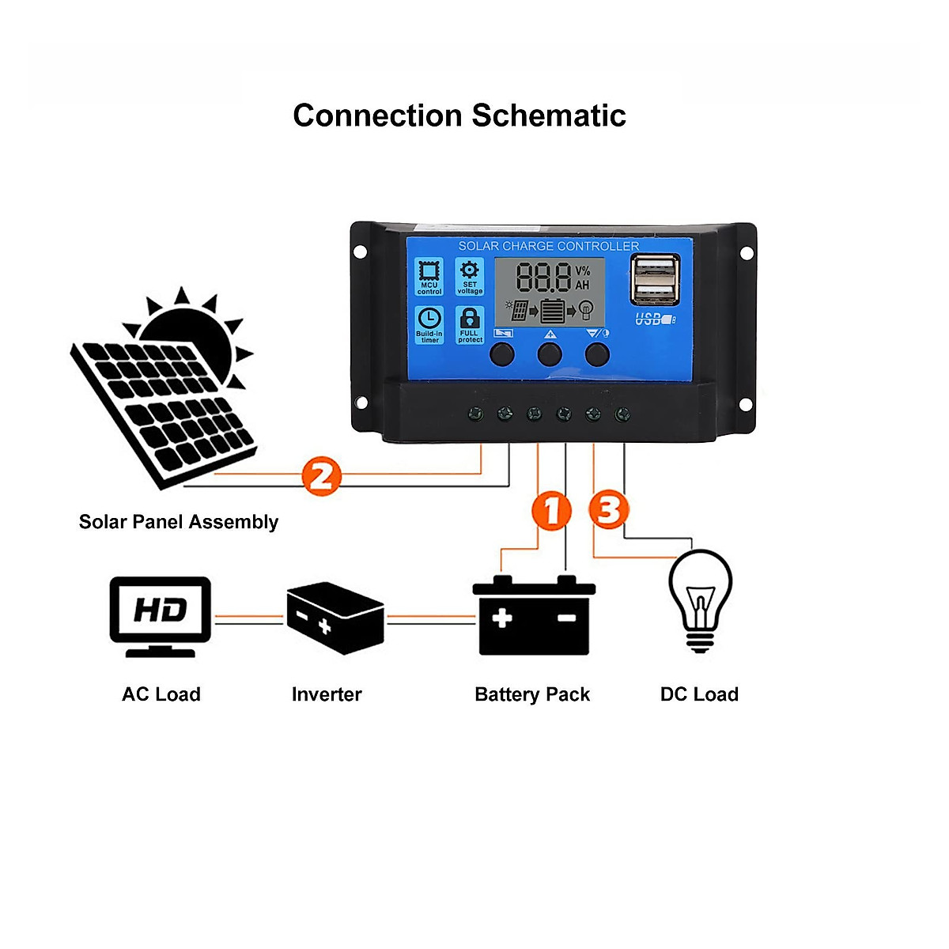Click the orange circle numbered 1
tap(551, 510)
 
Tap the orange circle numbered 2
tap(321, 476)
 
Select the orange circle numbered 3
tap(609, 509)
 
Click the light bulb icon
tap(700, 599)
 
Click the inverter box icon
tap(335, 618)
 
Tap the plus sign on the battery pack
tap(502, 618)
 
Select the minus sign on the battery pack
tap(567, 618)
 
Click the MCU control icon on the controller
tap(429, 277)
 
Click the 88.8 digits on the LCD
tap(543, 278)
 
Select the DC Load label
tap(699, 694)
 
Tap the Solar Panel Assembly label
tap(179, 522)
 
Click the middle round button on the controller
tap(550, 354)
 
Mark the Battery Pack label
tap(532, 694)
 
